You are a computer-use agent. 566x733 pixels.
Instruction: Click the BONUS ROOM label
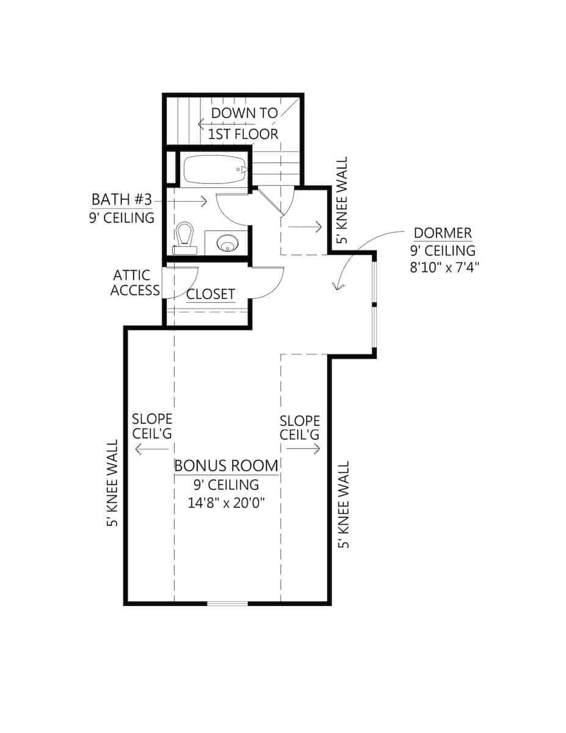226,465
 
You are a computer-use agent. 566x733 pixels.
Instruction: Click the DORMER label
443,233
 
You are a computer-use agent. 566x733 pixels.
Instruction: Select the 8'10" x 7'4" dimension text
443,268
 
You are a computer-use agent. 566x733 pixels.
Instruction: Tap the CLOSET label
211,294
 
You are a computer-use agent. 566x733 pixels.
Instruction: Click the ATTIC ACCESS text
136,283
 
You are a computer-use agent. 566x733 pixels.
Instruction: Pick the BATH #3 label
125,200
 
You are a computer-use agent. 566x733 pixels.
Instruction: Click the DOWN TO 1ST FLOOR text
244,123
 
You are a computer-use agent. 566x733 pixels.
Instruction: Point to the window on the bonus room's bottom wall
227,604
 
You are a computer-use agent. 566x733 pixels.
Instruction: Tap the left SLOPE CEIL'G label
152,427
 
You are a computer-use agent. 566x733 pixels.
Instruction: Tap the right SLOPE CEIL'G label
300,428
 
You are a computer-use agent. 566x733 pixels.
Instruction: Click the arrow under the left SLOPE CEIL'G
151,450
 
